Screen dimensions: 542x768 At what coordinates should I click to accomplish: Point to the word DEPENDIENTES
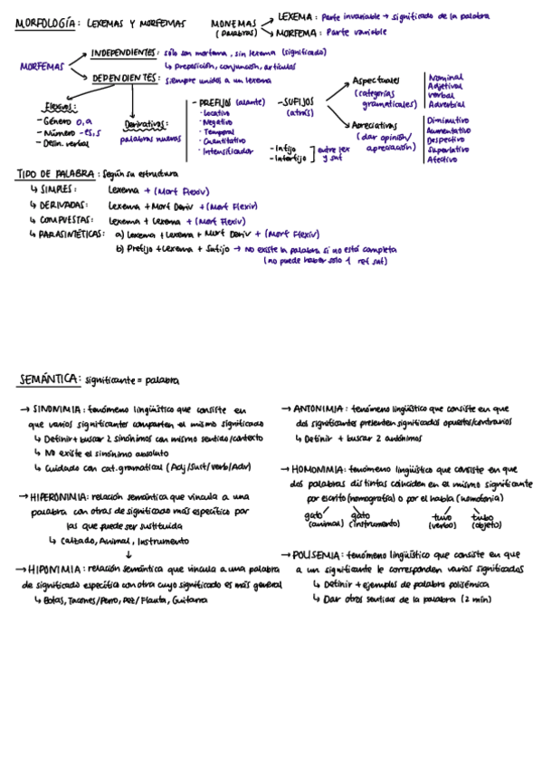tap(125, 79)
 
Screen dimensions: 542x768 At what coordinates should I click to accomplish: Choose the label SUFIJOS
tap(297, 103)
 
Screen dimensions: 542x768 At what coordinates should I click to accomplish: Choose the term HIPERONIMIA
tap(61, 497)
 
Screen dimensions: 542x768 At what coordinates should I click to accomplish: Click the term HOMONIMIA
tap(317, 470)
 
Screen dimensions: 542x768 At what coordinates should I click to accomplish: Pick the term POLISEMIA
tap(317, 554)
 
